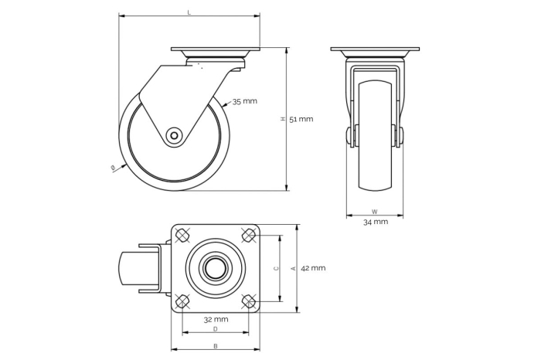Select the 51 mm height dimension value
point(301,119)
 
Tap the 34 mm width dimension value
point(375,222)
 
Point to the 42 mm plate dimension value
point(312,268)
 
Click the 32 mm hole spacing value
point(216,319)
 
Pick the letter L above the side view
point(189,12)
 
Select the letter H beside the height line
point(283,119)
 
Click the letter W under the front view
point(375,211)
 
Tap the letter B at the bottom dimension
point(216,346)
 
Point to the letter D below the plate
point(216,329)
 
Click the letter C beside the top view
point(276,268)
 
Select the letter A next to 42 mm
point(293,268)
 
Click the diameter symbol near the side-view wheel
point(114,168)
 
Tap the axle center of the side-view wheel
point(175,136)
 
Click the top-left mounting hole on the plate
point(182,235)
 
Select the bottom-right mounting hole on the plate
point(249,301)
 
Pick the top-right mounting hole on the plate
point(249,235)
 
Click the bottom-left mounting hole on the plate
point(182,301)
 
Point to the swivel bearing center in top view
point(216,268)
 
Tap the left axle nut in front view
point(350,136)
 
